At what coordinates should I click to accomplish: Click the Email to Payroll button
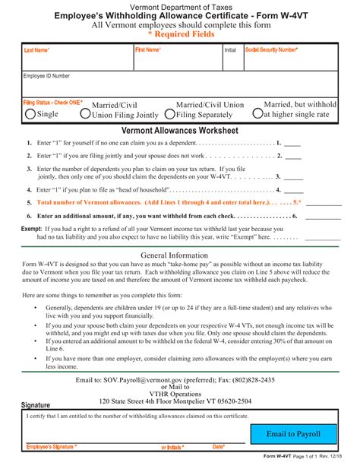click(x=293, y=433)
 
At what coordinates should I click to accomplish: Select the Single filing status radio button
click(x=30, y=114)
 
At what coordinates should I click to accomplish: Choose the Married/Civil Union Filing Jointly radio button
click(x=86, y=114)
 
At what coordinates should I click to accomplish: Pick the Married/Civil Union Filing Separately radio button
click(x=170, y=114)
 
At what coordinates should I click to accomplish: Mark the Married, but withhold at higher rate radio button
click(x=258, y=114)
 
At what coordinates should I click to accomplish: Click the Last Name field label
click(x=36, y=50)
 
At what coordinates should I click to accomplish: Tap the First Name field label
click(x=148, y=49)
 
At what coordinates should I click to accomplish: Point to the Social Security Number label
click(x=271, y=49)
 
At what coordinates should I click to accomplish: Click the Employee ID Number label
click(x=46, y=76)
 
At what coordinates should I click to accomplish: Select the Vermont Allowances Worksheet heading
click(x=180, y=131)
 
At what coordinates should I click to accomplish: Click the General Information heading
click(x=180, y=255)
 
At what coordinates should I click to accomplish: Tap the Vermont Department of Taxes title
click(x=180, y=5)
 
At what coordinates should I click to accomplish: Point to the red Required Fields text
click(x=180, y=35)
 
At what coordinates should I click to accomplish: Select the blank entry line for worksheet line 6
click(x=324, y=217)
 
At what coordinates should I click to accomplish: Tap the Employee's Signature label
click(x=51, y=447)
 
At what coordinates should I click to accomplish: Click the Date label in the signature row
click(x=219, y=447)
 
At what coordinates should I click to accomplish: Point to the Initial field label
click(x=230, y=50)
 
